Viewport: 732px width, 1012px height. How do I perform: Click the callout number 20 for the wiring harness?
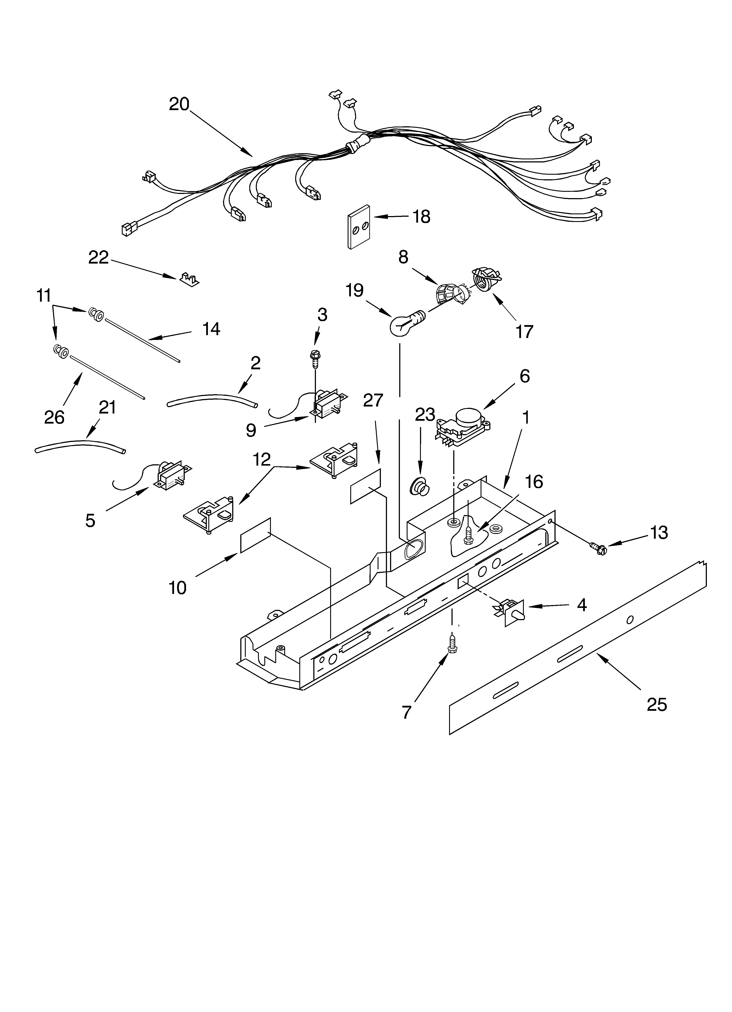[179, 104]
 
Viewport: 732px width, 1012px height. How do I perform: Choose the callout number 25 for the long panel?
[657, 705]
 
